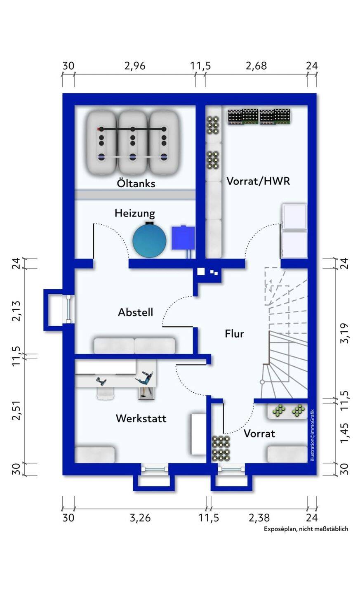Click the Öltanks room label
tap(136, 183)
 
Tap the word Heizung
tap(134, 213)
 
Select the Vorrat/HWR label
tap(258, 181)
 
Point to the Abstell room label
tap(135, 312)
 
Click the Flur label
tap(234, 333)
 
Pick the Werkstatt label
tap(141, 418)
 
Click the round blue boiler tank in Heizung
tap(149, 240)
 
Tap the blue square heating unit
tap(183, 237)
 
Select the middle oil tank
tap(132, 142)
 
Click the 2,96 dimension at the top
tap(135, 66)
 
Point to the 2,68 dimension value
tap(256, 66)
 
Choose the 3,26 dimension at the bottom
tap(140, 518)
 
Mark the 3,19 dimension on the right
tap(345, 333)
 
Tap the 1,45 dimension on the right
tap(345, 431)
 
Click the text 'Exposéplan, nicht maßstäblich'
tap(306, 529)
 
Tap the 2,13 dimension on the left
tap(16, 311)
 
